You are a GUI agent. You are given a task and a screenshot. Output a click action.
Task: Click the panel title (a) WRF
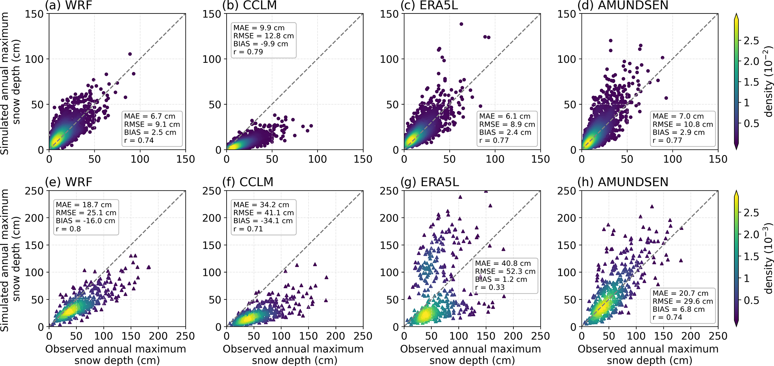click(x=69, y=5)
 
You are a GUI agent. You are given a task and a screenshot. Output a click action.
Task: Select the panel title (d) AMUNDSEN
click(x=623, y=5)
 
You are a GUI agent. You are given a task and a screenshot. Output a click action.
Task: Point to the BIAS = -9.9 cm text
click(x=261, y=44)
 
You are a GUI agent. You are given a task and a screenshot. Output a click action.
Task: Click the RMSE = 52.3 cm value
click(x=505, y=271)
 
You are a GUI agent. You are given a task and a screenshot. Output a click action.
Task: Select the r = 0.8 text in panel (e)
click(x=68, y=229)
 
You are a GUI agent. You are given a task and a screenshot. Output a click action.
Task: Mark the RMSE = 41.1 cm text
click(x=263, y=213)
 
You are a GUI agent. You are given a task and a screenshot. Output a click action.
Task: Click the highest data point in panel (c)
click(x=461, y=24)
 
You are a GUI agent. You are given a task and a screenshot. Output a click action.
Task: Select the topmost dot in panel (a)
click(x=130, y=54)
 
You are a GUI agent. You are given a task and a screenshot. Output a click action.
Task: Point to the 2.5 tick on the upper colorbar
click(x=751, y=41)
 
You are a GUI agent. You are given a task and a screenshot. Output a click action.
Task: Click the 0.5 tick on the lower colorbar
click(x=751, y=300)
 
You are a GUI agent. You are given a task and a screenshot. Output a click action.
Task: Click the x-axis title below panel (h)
click(x=648, y=354)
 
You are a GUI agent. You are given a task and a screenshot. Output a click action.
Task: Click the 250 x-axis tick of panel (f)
click(x=363, y=336)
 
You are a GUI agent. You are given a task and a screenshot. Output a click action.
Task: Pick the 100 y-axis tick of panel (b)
click(x=212, y=59)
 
